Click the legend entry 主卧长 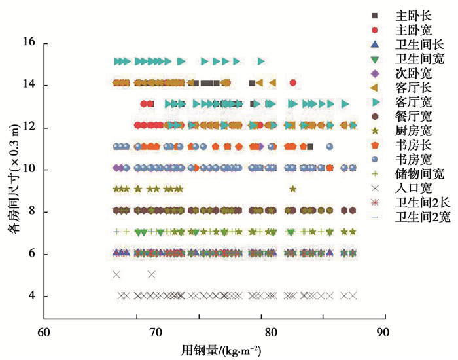tap(413, 15)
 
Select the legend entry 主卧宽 tap(413, 29)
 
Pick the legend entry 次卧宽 tap(413, 73)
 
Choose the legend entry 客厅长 tap(413, 87)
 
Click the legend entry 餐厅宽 tap(413, 116)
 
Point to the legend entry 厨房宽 tap(413, 130)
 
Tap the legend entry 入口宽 tap(413, 189)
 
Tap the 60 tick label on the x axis tap(44, 332)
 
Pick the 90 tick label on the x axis tap(385, 332)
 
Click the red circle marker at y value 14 tap(292, 82)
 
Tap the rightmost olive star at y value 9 tap(292, 189)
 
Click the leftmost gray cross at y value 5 tap(116, 274)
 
